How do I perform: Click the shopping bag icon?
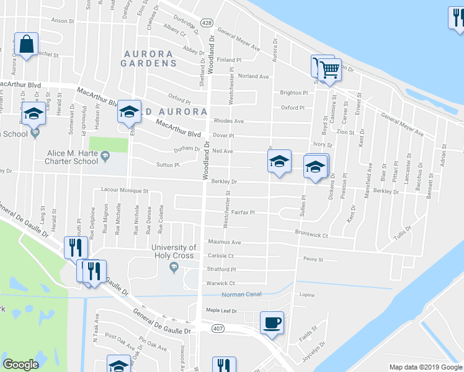pos(26,45)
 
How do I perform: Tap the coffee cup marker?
pos(272,323)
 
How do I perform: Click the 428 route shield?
pos(207,23)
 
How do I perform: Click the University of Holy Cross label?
pos(174,251)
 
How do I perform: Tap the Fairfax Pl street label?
pos(244,213)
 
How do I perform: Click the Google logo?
pos(20,365)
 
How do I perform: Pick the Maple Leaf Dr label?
pos(221,310)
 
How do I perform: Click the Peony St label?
pos(313,259)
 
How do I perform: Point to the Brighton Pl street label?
pos(293,92)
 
